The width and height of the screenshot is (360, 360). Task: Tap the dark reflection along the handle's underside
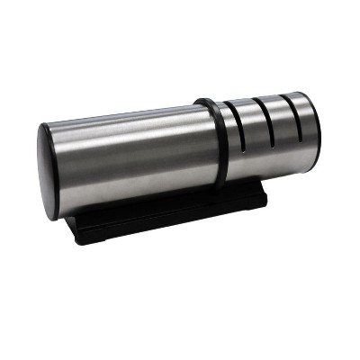[135, 202]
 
